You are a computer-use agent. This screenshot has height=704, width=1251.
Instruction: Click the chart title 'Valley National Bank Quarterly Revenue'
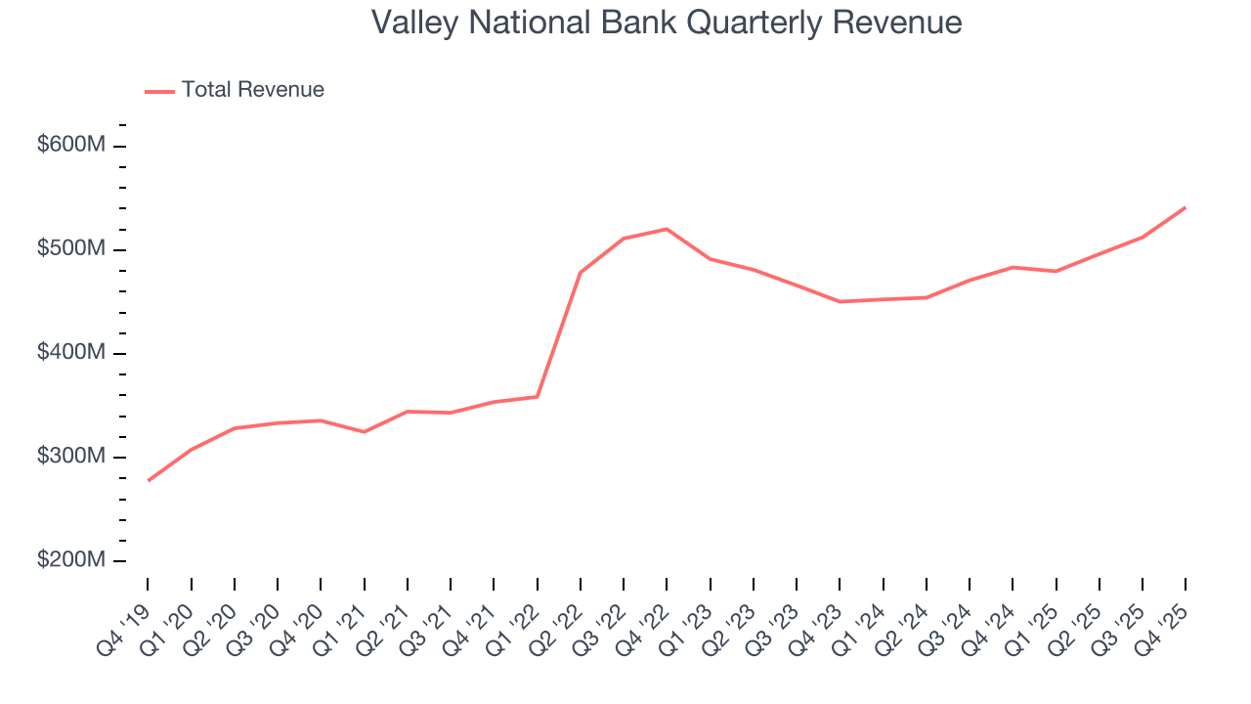[667, 22]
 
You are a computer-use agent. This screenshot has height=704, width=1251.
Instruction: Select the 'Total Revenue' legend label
[252, 90]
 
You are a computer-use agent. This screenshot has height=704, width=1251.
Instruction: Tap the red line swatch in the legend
[159, 91]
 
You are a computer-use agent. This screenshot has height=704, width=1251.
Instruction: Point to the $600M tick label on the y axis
[70, 146]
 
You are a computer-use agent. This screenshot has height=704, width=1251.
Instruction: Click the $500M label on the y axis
[70, 249]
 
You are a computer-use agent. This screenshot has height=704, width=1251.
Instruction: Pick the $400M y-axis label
[70, 353]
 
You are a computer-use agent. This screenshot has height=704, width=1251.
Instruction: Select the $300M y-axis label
[70, 457]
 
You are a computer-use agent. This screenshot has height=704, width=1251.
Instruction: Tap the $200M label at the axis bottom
[70, 560]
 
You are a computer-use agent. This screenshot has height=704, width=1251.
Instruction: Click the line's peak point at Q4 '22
[667, 229]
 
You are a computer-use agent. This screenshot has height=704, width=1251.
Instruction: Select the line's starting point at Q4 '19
[149, 480]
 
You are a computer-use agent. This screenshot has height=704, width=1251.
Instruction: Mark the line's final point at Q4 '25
[1186, 207]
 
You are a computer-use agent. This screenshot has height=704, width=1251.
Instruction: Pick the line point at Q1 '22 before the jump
[538, 396]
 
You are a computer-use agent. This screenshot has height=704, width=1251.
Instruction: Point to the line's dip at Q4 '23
[840, 301]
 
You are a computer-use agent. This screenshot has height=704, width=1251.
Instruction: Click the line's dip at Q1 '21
[365, 431]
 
